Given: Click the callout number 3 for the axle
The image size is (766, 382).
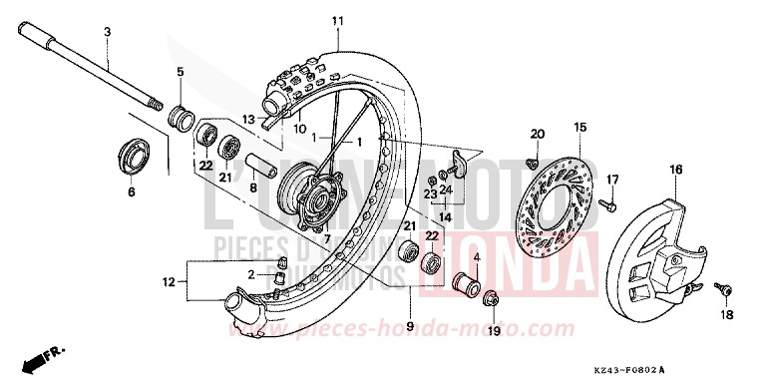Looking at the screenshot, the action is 107,34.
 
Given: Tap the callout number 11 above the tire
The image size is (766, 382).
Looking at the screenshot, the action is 337,21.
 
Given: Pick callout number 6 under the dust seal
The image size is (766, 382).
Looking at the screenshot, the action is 131,192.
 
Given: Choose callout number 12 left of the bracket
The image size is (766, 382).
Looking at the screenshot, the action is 169,282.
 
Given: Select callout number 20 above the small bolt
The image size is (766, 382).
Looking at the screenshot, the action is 537,135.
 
